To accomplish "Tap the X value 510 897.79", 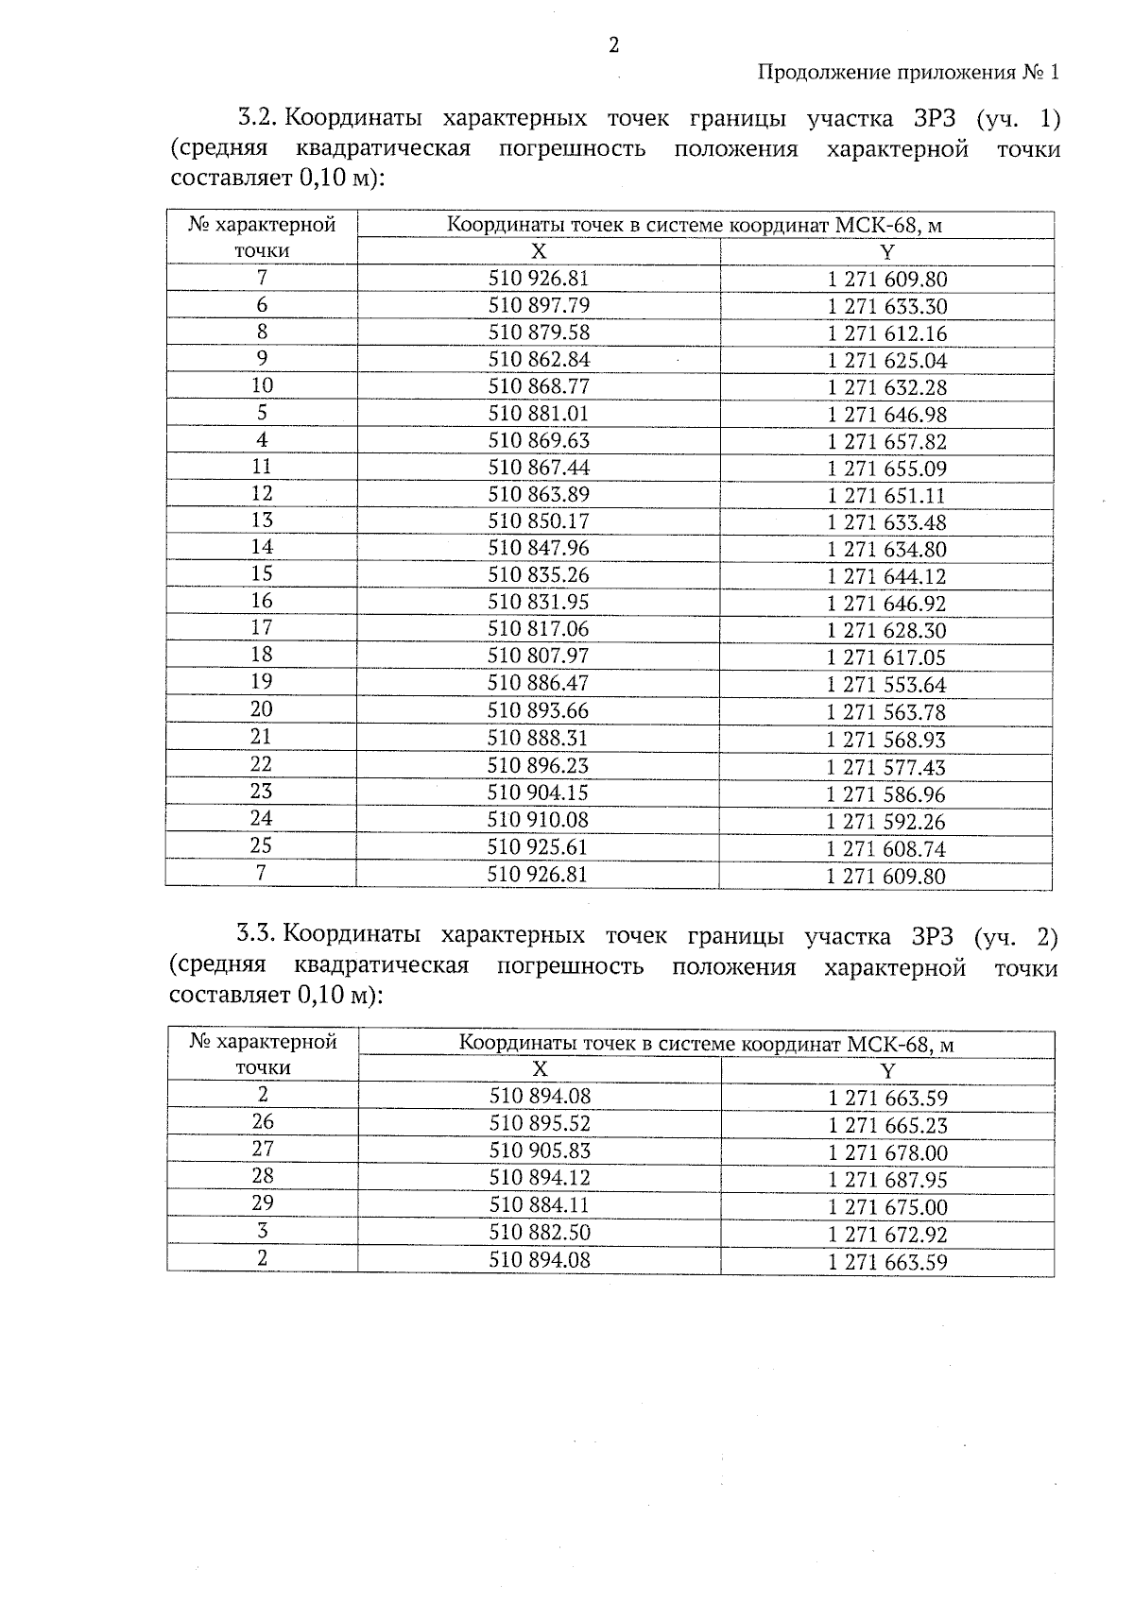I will [538, 305].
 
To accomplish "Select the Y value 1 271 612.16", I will [886, 333].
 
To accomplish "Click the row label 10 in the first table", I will [262, 385].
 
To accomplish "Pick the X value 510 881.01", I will [538, 414].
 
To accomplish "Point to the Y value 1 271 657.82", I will [886, 441].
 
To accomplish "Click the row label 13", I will [262, 520].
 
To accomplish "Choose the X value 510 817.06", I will [538, 629].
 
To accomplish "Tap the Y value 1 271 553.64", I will [886, 685].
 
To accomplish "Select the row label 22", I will [261, 764].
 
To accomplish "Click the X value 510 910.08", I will [538, 820].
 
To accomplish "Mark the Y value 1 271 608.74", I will [886, 849].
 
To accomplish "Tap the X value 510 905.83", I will [540, 1151].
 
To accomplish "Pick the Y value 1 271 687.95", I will [887, 1180].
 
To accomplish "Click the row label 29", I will [263, 1203].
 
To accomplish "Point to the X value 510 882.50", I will [540, 1233].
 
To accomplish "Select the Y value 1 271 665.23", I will [887, 1125].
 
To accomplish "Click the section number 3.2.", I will [256, 119].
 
